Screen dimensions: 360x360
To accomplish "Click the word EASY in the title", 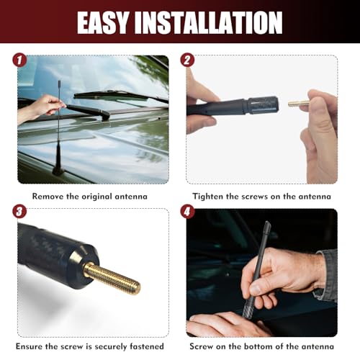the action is point(102,22).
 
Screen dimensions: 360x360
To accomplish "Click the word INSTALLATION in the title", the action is point(208,22).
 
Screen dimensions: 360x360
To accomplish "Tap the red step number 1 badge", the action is point(19,60).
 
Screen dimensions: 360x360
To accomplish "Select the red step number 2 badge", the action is point(187,60).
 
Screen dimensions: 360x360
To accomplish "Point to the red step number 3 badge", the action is point(19,212).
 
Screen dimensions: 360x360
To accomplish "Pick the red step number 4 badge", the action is point(187,212).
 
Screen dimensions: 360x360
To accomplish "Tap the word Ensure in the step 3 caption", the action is point(29,346).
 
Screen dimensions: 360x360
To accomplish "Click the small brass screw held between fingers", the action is point(299,104).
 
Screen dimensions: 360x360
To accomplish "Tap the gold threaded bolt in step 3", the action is point(112,279).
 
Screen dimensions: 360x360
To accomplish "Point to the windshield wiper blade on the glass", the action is point(120,96).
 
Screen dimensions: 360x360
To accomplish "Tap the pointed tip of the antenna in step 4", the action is point(267,222).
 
